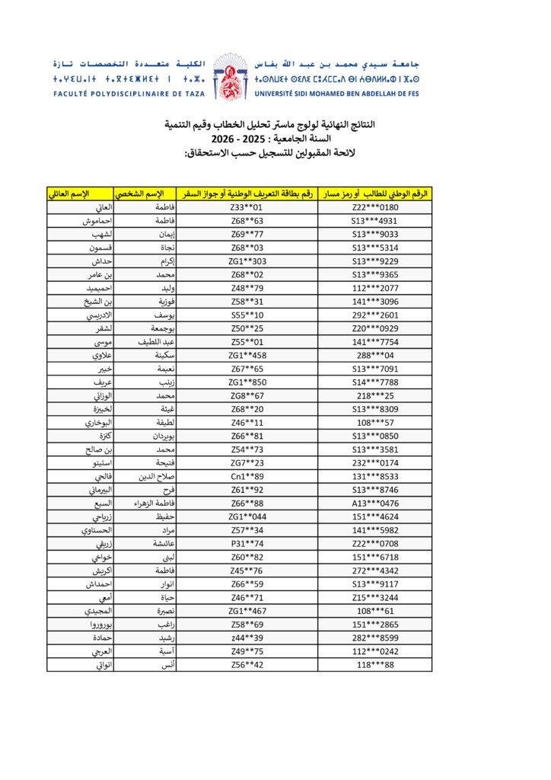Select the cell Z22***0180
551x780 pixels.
375,207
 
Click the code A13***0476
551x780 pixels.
375,503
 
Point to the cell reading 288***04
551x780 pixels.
375,355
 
